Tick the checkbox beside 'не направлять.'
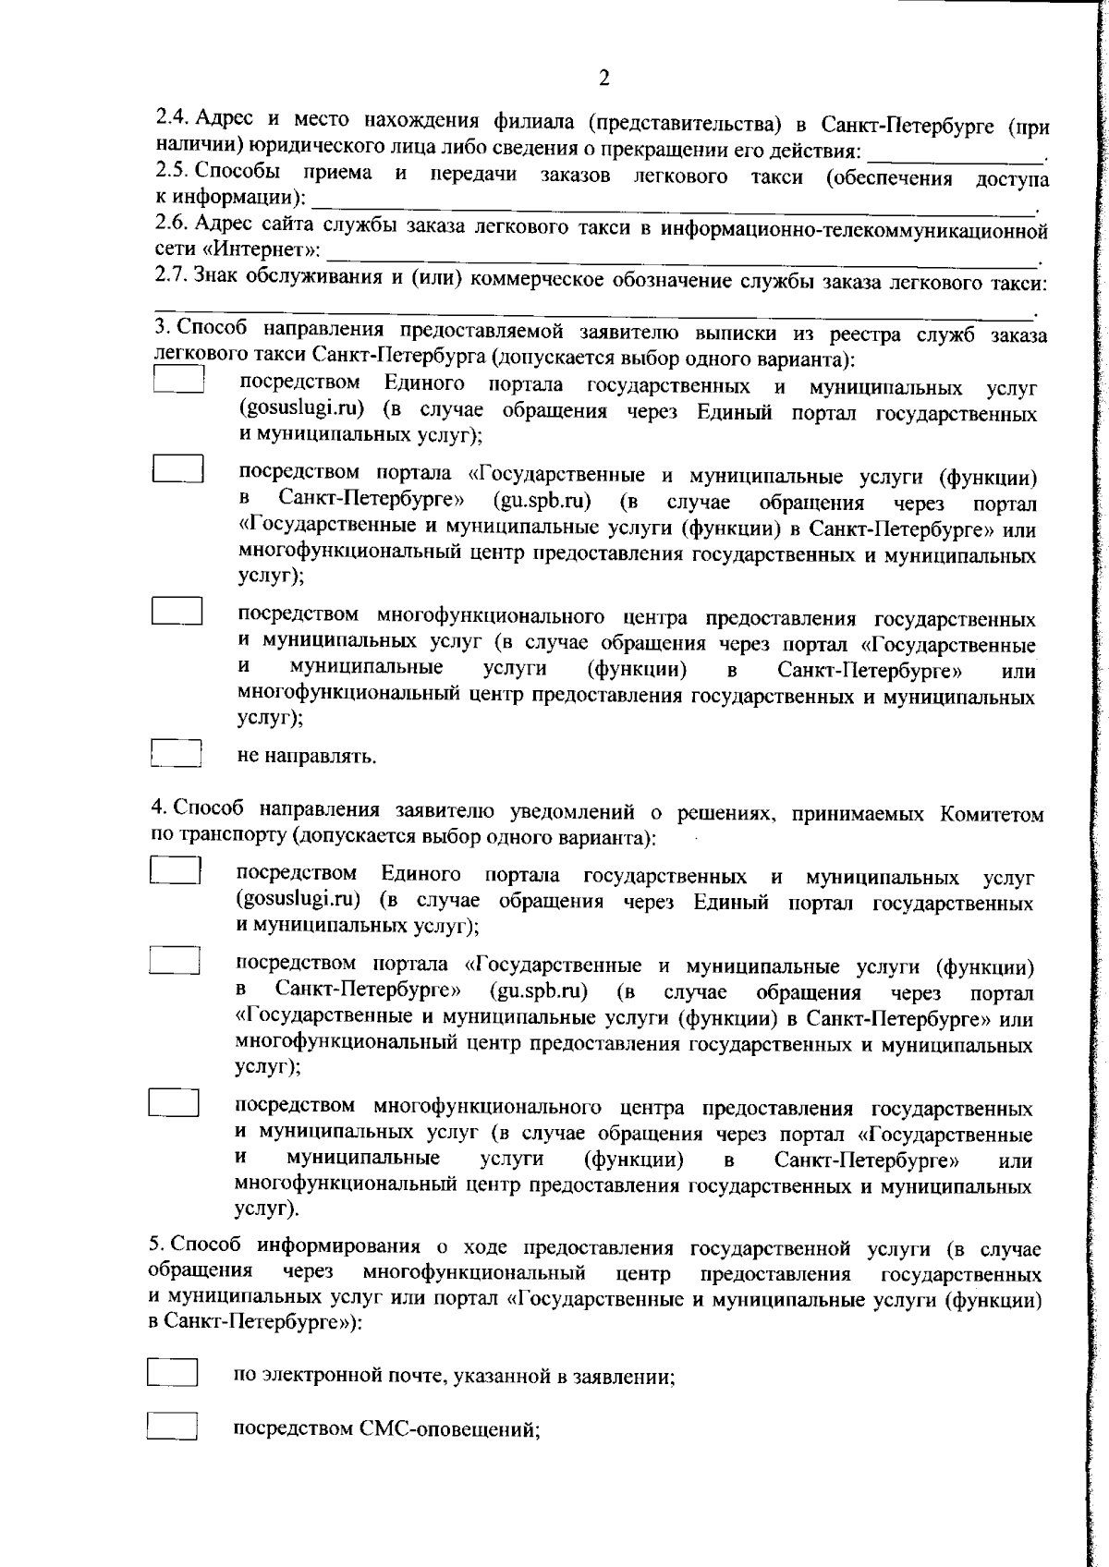176,751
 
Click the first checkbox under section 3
177,381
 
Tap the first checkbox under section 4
176,871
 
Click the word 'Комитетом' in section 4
992,814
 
